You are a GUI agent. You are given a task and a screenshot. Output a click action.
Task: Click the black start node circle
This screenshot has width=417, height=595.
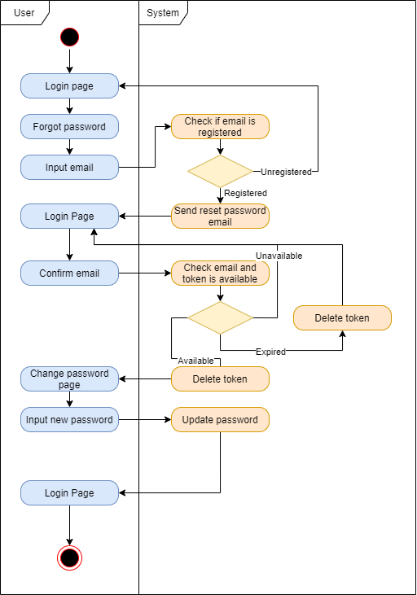(x=69, y=37)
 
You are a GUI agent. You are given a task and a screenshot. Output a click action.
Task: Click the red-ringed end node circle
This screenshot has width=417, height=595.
(x=69, y=558)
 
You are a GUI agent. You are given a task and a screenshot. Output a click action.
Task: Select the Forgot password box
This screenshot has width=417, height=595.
(x=69, y=127)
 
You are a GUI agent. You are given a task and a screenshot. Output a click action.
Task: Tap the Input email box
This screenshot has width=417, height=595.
(x=69, y=168)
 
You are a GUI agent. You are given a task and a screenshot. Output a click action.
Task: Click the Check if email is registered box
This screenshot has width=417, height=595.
(x=220, y=127)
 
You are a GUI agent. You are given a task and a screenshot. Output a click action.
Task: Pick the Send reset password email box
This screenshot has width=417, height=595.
(x=220, y=217)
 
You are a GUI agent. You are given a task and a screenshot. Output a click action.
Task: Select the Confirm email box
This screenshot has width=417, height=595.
(x=69, y=273)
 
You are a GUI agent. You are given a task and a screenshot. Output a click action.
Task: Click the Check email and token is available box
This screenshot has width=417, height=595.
(x=220, y=273)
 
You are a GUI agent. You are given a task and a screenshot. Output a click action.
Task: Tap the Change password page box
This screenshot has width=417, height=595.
(x=69, y=379)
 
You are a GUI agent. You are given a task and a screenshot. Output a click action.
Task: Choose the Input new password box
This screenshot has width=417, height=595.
(x=69, y=420)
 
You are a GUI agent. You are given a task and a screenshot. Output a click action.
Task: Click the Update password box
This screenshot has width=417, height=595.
(x=220, y=420)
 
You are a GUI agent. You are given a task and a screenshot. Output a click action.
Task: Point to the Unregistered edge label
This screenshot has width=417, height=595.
(x=286, y=172)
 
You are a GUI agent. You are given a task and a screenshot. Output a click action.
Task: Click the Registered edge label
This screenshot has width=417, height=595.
(x=245, y=193)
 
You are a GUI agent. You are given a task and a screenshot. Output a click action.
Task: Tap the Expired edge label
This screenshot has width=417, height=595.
(x=270, y=352)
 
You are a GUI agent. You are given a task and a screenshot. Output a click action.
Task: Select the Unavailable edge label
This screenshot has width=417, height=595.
(x=279, y=256)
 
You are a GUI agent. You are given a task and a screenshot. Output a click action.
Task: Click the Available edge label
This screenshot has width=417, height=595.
(x=195, y=360)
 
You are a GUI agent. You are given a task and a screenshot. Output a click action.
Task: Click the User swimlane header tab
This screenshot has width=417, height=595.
(x=24, y=12)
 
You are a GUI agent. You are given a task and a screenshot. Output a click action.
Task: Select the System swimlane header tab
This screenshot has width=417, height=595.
(x=163, y=12)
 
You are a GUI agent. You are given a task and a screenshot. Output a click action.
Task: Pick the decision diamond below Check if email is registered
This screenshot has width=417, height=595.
(x=220, y=172)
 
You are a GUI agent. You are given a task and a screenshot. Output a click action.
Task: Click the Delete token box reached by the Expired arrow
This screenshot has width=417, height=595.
(x=342, y=318)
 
